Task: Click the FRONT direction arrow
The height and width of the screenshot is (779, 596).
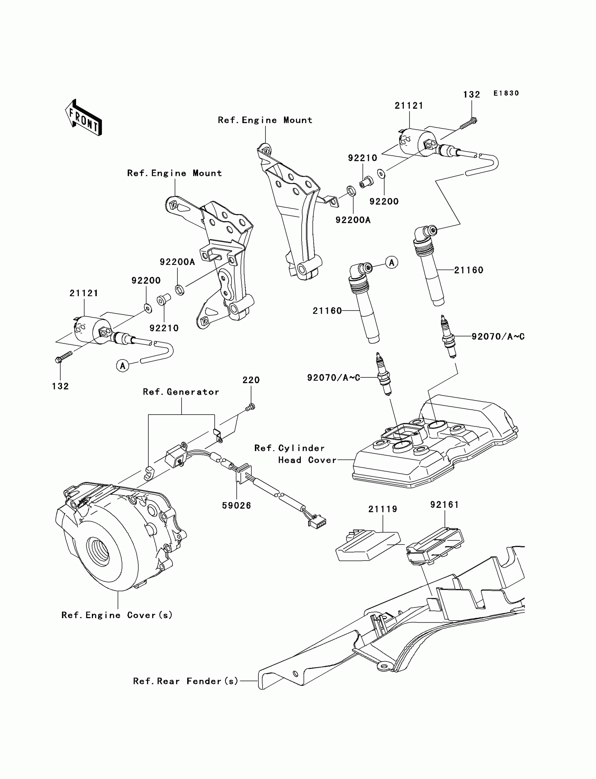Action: pyautogui.click(x=84, y=118)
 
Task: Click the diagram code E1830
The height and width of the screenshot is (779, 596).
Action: pyautogui.click(x=506, y=93)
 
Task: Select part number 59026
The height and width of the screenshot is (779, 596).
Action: pyautogui.click(x=236, y=506)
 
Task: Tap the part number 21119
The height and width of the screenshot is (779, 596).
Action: pyautogui.click(x=382, y=509)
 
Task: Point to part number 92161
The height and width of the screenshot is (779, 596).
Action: pyautogui.click(x=445, y=505)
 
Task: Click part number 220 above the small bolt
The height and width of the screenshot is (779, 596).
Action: pyautogui.click(x=251, y=380)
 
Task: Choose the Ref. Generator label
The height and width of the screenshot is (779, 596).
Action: pyautogui.click(x=181, y=392)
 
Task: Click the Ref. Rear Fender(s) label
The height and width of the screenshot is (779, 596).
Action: pyautogui.click(x=185, y=681)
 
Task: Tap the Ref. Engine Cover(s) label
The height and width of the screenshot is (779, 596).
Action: pyautogui.click(x=117, y=615)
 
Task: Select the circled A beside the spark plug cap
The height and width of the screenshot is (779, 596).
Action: pyautogui.click(x=392, y=262)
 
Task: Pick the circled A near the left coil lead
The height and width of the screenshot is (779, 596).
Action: pyautogui.click(x=123, y=365)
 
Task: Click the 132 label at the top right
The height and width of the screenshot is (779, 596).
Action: pyautogui.click(x=472, y=95)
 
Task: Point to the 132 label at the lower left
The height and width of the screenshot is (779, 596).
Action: pyautogui.click(x=60, y=386)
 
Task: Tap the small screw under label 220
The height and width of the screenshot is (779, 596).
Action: pyautogui.click(x=250, y=408)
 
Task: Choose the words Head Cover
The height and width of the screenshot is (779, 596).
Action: pyautogui.click(x=307, y=460)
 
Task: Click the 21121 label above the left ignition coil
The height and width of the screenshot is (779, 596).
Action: pyautogui.click(x=84, y=293)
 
